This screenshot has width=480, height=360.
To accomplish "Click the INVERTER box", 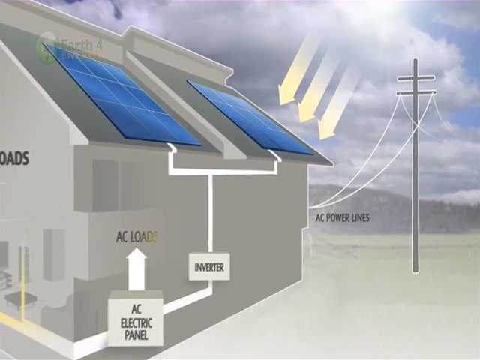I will (x=209, y=266).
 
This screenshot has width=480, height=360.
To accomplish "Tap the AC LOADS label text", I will (x=137, y=238).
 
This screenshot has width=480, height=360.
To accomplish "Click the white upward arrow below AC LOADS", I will (x=137, y=268).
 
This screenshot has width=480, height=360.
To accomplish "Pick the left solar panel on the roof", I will (x=121, y=94).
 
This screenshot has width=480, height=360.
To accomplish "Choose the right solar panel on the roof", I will (x=250, y=117).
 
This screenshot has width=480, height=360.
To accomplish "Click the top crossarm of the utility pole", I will (x=415, y=77).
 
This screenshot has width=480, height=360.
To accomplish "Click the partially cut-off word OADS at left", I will (x=13, y=159).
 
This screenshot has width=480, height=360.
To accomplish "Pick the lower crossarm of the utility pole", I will (x=415, y=92).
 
